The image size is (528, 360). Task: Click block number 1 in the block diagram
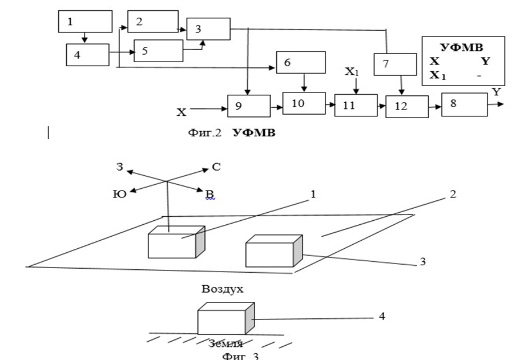point(85,21)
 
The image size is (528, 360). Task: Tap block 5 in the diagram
point(158,51)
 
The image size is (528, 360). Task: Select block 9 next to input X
point(248,106)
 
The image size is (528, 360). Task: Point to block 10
point(304,103)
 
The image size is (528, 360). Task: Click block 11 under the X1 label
point(356,105)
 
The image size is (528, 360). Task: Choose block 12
point(406,106)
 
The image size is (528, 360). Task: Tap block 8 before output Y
point(464,104)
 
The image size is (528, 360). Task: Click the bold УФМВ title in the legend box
point(462,48)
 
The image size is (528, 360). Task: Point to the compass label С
point(216,167)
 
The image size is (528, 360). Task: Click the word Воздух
point(223,289)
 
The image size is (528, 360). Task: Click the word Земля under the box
point(225,343)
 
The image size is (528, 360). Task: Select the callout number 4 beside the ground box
point(381,315)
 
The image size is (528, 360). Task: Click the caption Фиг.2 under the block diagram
point(204,132)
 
